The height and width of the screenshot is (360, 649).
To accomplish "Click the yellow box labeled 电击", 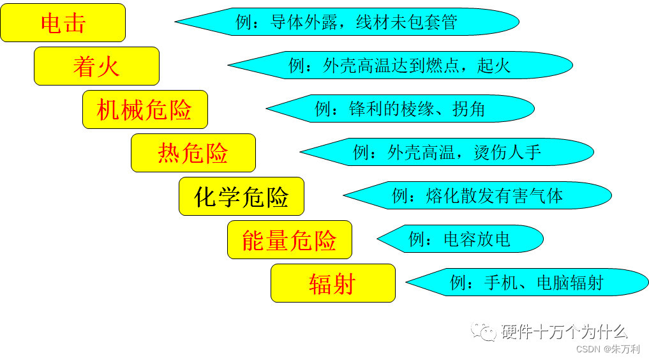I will (63, 23).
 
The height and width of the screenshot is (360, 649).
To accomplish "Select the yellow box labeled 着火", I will (96, 66).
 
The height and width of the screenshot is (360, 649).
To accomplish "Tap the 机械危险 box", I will (145, 109).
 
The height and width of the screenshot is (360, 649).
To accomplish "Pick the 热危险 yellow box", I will (193, 153).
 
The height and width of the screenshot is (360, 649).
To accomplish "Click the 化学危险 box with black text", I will (241, 196).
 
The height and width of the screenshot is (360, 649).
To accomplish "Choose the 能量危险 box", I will (289, 239).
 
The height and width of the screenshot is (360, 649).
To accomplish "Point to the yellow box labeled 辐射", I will (332, 283).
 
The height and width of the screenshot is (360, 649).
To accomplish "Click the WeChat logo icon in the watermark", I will (484, 331).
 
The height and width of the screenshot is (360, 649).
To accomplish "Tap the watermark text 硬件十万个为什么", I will (564, 331).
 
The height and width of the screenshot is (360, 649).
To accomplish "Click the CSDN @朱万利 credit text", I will (608, 349).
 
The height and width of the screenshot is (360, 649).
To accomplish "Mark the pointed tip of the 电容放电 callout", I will (379, 239).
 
